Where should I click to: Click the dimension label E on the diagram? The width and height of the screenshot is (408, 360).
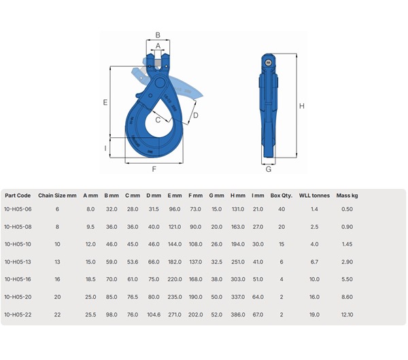click(x=105, y=103)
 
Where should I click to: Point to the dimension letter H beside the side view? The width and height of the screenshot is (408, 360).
click(x=301, y=106)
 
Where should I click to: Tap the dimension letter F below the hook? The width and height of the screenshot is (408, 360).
click(x=154, y=168)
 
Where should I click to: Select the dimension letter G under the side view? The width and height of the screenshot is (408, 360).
click(x=268, y=169)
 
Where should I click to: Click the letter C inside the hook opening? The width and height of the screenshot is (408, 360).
click(x=158, y=120)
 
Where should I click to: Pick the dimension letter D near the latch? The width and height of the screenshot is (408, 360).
click(x=195, y=115)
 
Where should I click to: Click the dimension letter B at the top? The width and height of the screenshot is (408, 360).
click(x=158, y=35)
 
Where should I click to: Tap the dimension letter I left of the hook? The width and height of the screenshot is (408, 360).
click(x=105, y=147)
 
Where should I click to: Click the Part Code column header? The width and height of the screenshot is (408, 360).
click(x=17, y=196)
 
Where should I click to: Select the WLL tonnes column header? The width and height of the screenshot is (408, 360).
click(x=314, y=196)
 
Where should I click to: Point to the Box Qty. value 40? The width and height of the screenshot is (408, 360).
click(x=282, y=209)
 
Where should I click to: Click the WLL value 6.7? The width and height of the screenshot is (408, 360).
click(x=314, y=261)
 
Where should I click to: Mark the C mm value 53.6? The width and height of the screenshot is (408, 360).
click(x=132, y=261)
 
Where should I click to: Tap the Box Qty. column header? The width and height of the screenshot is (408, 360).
click(x=282, y=196)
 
